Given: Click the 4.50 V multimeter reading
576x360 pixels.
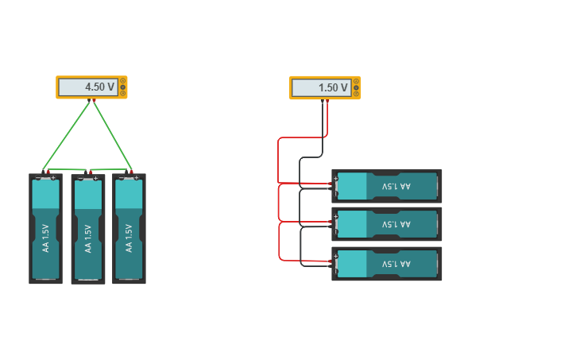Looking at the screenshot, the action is point(99,87).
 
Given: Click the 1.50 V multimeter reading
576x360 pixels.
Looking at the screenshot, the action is point(333,87).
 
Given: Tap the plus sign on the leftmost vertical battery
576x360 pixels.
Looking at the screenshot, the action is point(53,178).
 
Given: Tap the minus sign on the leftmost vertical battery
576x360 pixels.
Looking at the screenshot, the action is point(38,178).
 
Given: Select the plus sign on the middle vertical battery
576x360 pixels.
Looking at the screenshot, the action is point(96,179).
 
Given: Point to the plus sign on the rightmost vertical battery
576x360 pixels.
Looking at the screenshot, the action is point(137,178).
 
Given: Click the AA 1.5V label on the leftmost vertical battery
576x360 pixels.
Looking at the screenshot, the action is point(45,238).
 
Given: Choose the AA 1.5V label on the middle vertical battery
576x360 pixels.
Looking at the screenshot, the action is point(88,238).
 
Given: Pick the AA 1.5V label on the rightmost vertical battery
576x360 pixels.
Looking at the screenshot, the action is point(129,238).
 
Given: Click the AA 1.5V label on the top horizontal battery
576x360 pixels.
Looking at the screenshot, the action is point(396,186).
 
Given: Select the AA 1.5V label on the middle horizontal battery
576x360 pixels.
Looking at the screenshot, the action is point(396,224).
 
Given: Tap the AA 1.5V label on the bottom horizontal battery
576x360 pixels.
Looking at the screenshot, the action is point(396,264).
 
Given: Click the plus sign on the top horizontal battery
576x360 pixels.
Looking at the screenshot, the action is point(336,179).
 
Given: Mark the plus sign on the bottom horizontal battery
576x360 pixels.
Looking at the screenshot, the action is point(336,256).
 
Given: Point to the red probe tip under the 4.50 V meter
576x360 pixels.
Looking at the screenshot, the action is point(94,100).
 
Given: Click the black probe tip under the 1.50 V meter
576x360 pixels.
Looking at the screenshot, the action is point(323,101).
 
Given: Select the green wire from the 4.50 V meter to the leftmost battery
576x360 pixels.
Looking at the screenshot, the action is point(66,136).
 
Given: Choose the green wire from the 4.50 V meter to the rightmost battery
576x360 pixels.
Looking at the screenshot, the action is point(113,136).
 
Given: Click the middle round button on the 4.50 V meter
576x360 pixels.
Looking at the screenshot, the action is point(123,87).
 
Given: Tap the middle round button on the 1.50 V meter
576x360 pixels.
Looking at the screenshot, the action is point(357,87).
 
